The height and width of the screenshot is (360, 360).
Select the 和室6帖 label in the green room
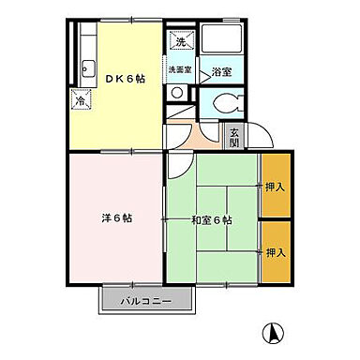click(211, 219)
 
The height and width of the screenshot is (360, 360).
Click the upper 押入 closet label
click(275, 187)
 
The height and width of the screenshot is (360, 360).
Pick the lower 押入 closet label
click(275, 253)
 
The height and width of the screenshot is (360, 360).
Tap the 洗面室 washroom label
click(180, 69)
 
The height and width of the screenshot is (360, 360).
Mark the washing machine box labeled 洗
click(180, 40)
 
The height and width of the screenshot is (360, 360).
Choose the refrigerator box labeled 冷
click(80, 96)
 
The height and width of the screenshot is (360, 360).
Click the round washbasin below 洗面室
click(177, 93)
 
